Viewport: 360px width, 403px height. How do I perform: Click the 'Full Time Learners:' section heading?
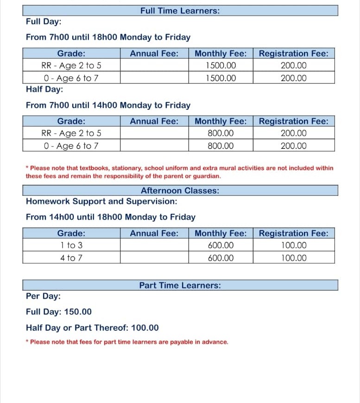click(x=180, y=10)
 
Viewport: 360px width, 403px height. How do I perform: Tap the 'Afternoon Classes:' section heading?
click(x=180, y=190)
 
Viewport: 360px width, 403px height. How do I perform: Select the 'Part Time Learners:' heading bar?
click(x=180, y=285)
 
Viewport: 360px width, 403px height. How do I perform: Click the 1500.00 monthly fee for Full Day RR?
click(x=221, y=65)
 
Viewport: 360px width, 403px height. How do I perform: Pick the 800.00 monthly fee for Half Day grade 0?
click(x=221, y=146)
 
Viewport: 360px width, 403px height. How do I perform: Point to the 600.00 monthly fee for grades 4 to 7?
click(x=221, y=258)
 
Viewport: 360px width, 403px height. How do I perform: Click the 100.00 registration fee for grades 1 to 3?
click(x=293, y=245)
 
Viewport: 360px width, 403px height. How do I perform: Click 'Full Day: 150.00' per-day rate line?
click(x=59, y=312)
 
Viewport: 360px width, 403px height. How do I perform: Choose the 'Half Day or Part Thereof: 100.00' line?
click(x=92, y=328)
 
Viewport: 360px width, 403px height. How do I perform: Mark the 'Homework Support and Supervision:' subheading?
click(x=101, y=201)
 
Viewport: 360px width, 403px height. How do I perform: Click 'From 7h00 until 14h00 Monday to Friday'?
click(x=108, y=105)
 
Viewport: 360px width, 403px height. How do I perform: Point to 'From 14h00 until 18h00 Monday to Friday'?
click(x=111, y=217)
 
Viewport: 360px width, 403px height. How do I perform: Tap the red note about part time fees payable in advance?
click(x=127, y=342)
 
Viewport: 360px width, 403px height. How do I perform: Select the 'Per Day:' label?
click(x=43, y=296)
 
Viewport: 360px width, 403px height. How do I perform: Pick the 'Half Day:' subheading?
click(x=44, y=89)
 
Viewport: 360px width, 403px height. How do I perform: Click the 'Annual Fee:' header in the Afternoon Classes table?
click(x=154, y=233)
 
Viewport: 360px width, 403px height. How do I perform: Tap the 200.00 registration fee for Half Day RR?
click(x=293, y=133)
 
